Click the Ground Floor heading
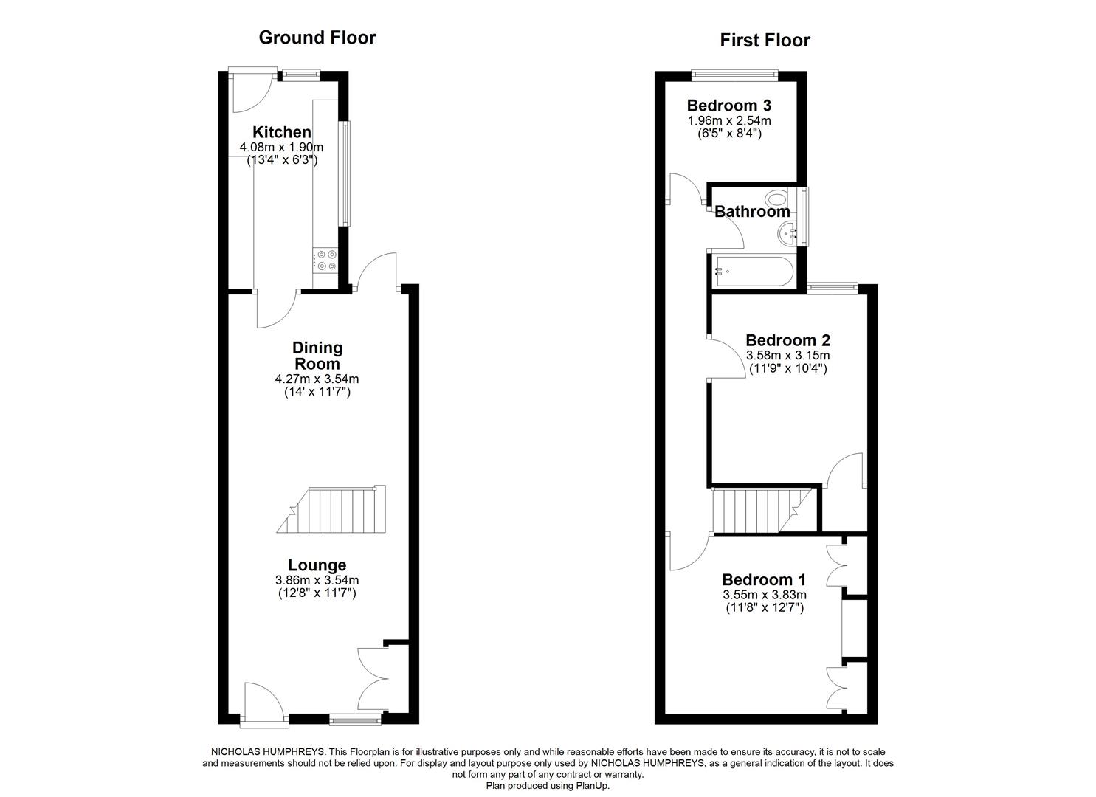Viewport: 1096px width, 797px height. (317, 38)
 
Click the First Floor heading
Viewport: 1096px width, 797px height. (765, 40)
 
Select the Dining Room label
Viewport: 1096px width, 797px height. (317, 355)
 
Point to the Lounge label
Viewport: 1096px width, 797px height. (317, 565)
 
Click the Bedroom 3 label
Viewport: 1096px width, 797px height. (728, 105)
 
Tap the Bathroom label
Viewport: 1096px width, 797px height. (752, 212)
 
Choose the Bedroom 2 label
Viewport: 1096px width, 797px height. (787, 340)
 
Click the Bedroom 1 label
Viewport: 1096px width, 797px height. (764, 579)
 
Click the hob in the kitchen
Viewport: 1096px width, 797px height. (326, 261)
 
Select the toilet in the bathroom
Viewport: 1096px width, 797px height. (776, 199)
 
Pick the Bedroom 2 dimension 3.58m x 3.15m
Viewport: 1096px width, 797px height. (787, 356)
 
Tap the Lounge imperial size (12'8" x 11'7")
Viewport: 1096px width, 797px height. (317, 593)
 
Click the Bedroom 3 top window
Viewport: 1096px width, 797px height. (734, 72)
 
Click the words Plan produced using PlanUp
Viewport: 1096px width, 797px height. (548, 786)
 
